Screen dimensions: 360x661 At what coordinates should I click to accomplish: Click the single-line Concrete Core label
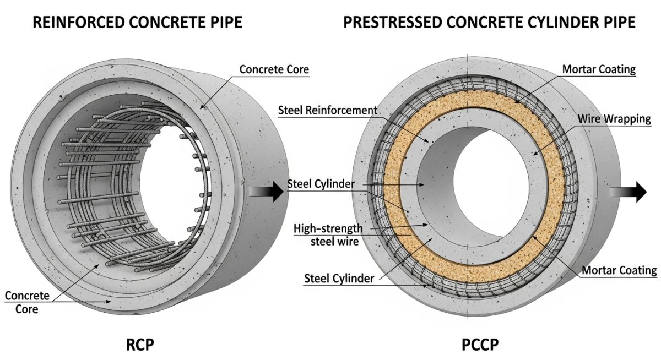274,69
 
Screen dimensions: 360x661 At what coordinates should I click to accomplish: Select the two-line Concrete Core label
27,302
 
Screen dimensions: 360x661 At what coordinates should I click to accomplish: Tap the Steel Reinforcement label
328,110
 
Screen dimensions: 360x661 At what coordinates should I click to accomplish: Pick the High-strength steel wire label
328,233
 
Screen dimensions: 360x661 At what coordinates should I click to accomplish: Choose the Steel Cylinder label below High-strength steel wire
339,279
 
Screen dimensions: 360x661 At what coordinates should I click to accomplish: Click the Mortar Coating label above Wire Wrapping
599,69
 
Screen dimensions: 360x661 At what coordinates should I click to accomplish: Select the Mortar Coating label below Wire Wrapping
620,270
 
